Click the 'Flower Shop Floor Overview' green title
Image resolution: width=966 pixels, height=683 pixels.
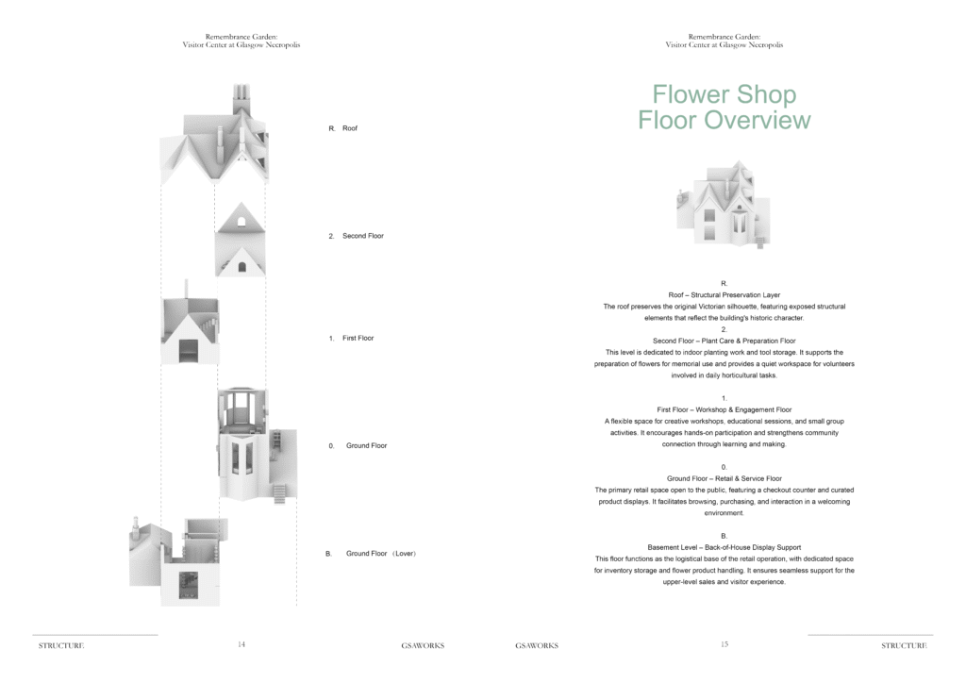click(x=724, y=108)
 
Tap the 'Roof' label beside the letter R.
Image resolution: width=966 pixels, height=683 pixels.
click(x=350, y=128)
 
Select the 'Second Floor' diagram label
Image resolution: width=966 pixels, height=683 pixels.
click(x=362, y=236)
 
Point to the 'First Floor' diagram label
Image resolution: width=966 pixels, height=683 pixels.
click(x=358, y=338)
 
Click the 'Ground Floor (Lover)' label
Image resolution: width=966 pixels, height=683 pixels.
click(x=381, y=554)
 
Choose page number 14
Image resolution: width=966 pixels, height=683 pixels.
click(x=241, y=645)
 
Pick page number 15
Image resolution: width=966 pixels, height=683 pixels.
click(x=724, y=645)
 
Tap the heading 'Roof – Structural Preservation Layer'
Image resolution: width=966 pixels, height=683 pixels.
click(x=724, y=295)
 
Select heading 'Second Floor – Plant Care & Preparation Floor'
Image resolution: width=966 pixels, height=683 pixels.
click(x=724, y=341)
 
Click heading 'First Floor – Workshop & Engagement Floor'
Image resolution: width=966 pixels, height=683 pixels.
click(x=724, y=410)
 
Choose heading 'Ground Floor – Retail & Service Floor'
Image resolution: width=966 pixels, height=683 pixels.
click(x=724, y=479)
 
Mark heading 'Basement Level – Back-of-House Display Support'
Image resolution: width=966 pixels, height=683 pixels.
click(x=724, y=547)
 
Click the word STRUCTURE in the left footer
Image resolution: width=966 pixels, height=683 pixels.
click(x=61, y=646)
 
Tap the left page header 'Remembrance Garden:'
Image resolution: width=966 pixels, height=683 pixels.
click(x=241, y=36)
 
